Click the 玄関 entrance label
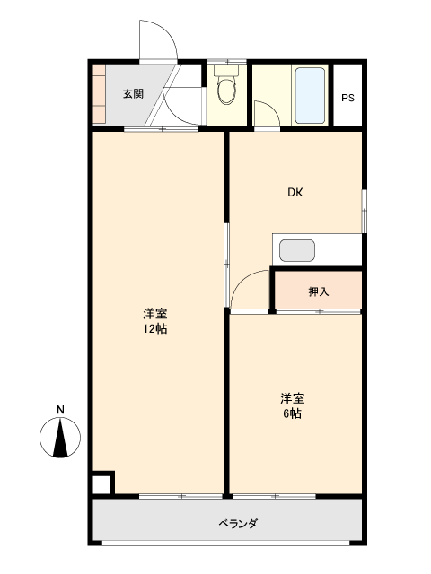(133, 94)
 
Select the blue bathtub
(310, 95)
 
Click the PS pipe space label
(347, 98)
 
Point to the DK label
(295, 192)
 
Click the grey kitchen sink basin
(297, 251)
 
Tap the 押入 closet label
(319, 291)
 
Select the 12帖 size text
(155, 329)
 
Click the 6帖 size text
(292, 413)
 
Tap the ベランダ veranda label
(238, 523)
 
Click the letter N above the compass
(60, 410)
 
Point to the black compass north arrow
(60, 439)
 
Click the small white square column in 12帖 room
(101, 484)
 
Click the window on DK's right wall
(364, 211)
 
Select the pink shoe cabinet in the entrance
(99, 94)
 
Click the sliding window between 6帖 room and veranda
(274, 496)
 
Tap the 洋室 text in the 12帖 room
(155, 314)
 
